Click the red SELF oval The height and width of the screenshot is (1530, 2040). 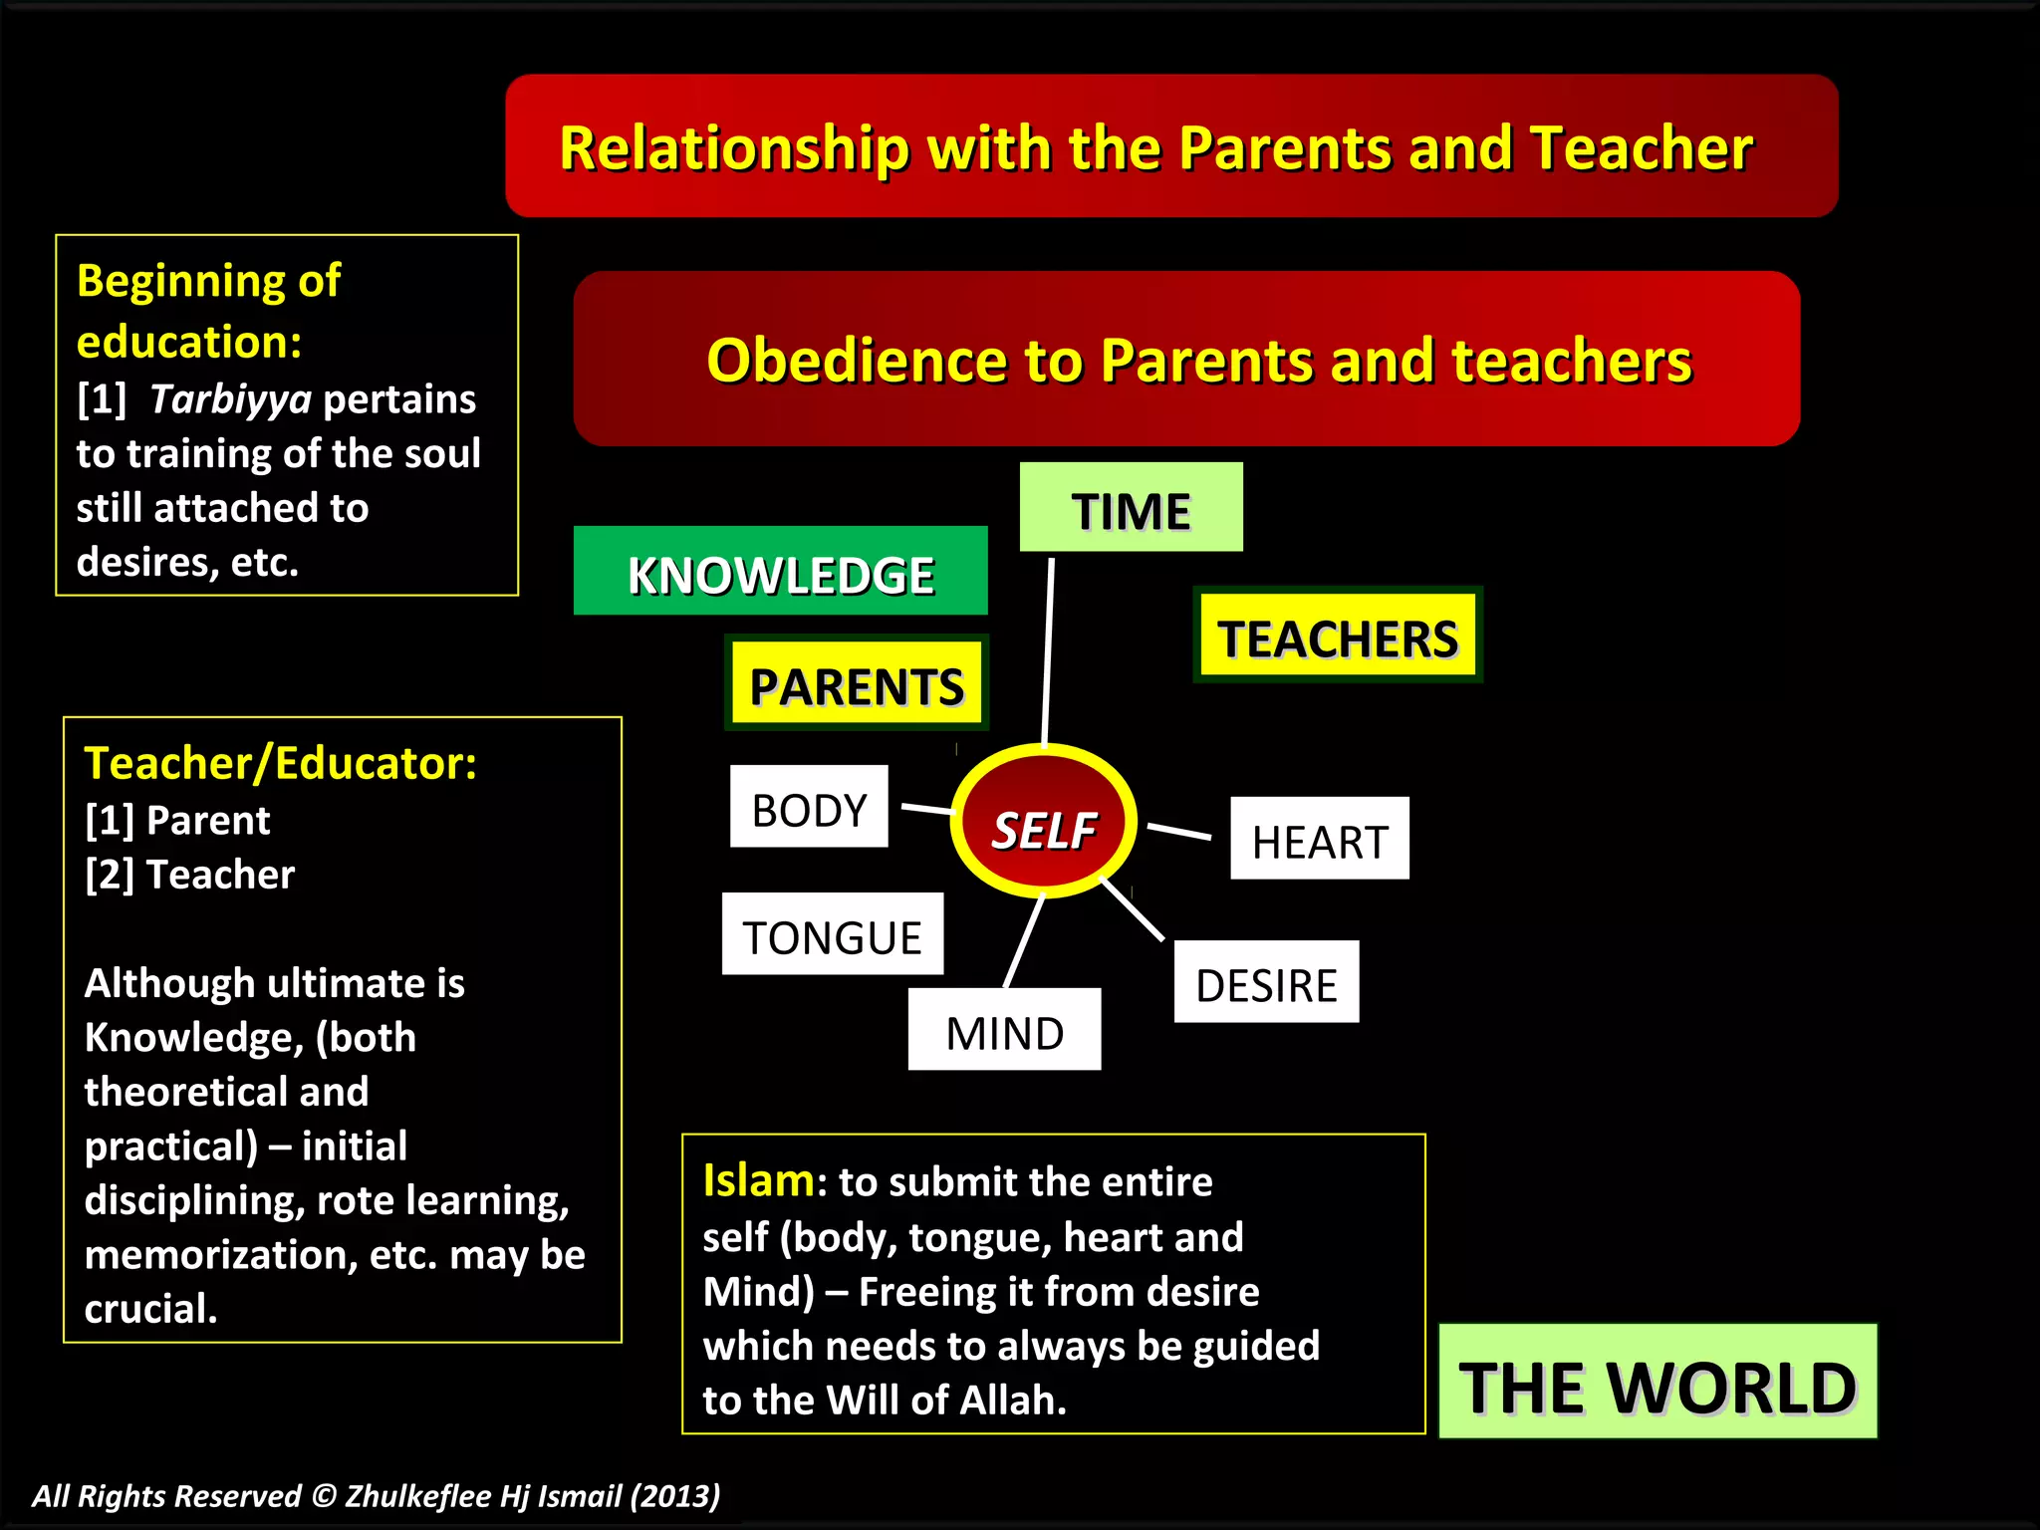coord(1043,823)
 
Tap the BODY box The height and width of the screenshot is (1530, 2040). coord(809,807)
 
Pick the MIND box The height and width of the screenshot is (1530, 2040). coord(1004,1030)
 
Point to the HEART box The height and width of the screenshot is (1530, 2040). coord(1319,839)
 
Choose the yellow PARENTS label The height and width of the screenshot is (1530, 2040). coord(857,684)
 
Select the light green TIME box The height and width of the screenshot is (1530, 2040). coord(1131,508)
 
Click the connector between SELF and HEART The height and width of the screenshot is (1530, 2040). coord(1179,831)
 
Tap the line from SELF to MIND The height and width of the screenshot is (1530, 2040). coord(1024,941)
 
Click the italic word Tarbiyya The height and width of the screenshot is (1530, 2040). coord(231,399)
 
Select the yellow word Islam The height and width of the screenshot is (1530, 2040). coord(758,1181)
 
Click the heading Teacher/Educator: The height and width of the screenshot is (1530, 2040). coord(280,763)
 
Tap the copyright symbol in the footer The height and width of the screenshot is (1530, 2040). coord(324,1496)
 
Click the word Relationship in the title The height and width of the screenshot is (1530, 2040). coord(734,148)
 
